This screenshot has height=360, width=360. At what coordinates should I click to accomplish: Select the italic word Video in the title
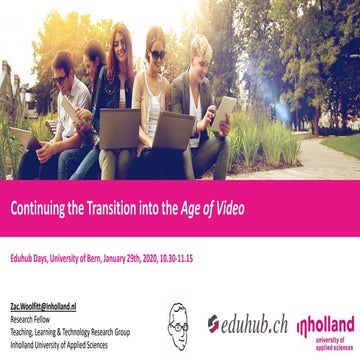[x=227, y=209]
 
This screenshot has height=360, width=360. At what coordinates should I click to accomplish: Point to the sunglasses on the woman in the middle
[x=156, y=56]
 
